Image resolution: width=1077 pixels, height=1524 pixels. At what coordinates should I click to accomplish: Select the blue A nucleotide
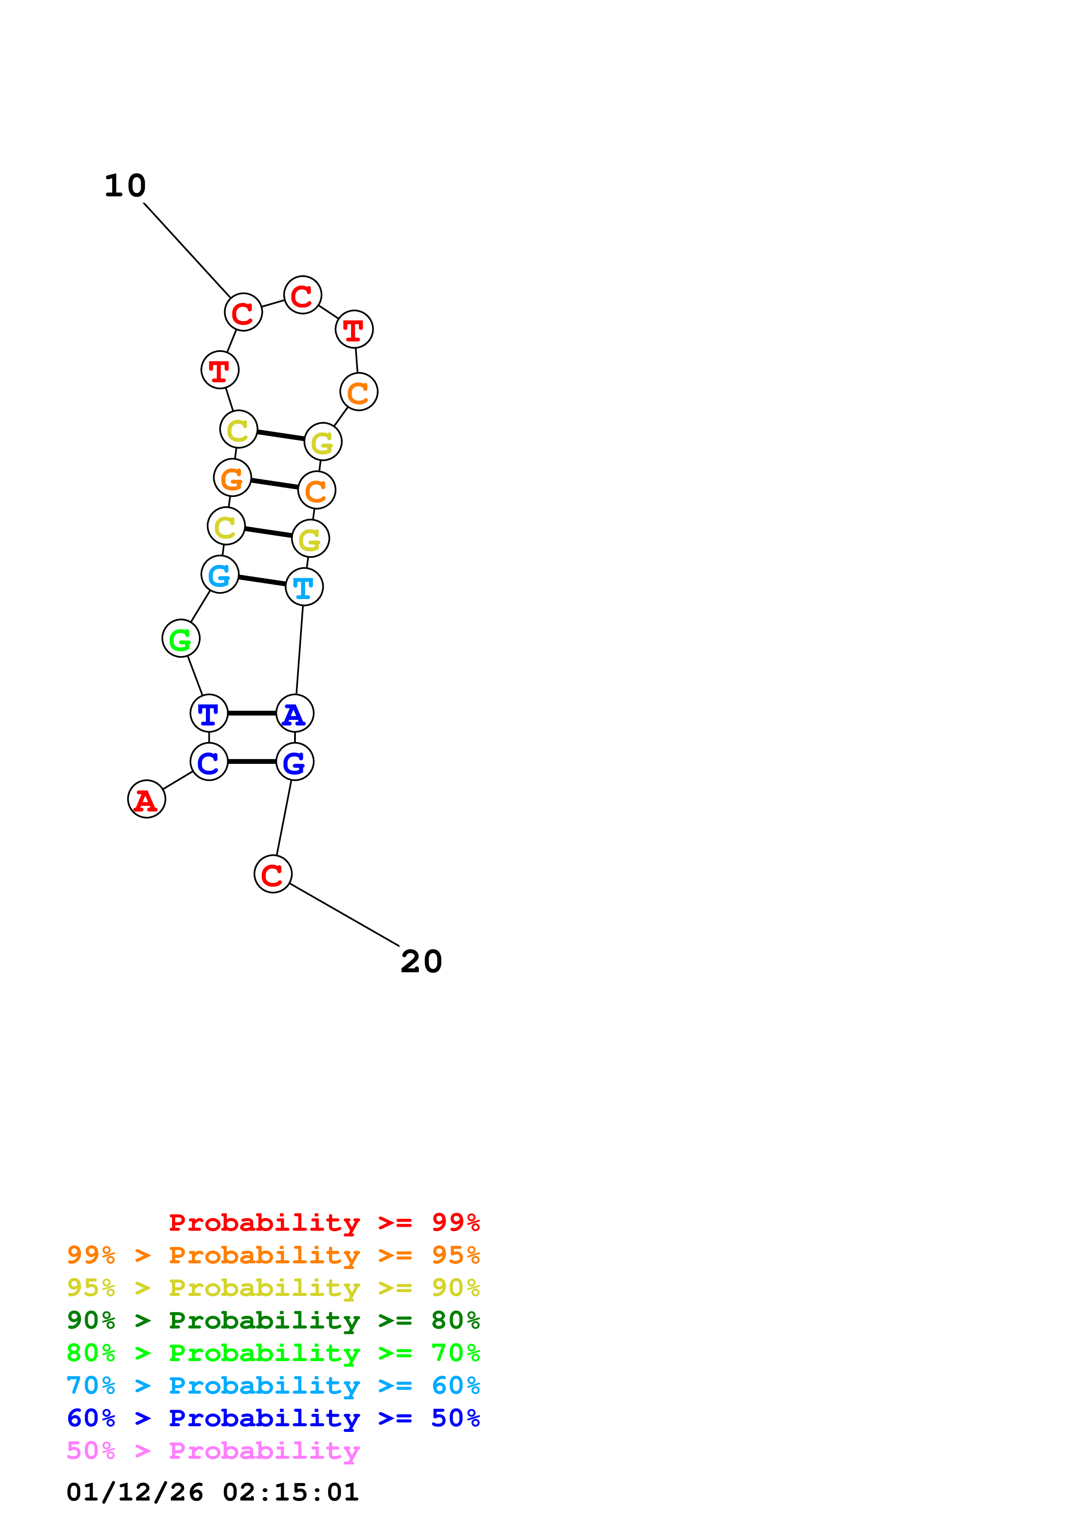[x=295, y=713]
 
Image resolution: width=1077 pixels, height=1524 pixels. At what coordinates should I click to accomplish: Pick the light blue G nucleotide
[x=220, y=575]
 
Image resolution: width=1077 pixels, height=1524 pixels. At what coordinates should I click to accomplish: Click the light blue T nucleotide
[x=304, y=587]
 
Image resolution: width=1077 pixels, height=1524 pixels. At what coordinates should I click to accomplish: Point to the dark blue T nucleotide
[x=209, y=713]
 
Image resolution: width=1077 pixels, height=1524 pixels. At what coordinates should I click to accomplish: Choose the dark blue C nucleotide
[x=209, y=762]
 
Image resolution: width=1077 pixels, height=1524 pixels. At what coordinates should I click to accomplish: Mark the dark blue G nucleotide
[x=295, y=762]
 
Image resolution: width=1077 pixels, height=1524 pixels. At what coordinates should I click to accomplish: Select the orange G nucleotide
[x=232, y=478]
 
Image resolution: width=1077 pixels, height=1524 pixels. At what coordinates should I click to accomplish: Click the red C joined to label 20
[x=273, y=874]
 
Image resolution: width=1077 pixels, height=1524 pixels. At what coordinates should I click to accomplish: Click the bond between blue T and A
[x=252, y=713]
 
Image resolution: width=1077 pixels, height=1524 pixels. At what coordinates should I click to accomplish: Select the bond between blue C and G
[x=252, y=762]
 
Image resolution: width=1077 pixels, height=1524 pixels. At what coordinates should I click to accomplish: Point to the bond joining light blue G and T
[x=262, y=581]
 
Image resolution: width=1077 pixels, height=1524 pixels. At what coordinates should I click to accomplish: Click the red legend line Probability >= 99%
[x=324, y=1223]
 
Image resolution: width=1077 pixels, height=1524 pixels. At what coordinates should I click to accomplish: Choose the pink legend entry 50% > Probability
[x=213, y=1450]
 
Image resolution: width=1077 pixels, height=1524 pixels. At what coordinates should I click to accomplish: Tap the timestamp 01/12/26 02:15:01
[x=212, y=1492]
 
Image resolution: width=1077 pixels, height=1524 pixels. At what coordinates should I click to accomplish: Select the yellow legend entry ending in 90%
[x=273, y=1288]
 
